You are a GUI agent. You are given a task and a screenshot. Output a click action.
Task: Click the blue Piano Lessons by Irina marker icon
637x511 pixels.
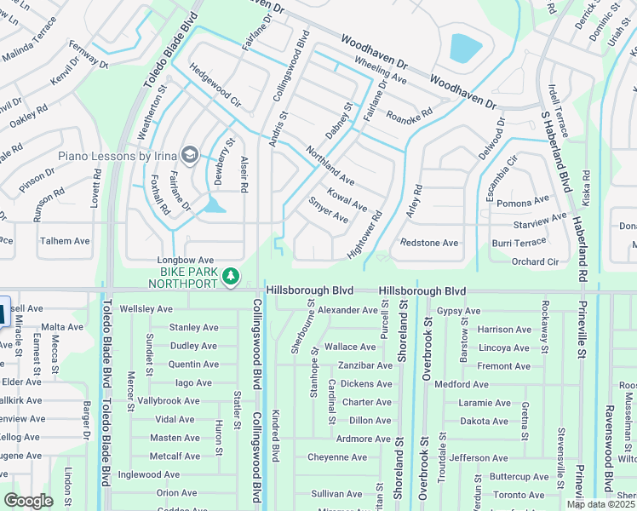tap(188, 155)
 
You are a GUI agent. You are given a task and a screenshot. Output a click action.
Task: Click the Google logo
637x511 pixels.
tap(28, 501)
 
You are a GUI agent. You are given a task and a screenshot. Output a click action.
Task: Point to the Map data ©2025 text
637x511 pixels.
tap(600, 504)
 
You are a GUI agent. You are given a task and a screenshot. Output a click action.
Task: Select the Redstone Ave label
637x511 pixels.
tap(429, 243)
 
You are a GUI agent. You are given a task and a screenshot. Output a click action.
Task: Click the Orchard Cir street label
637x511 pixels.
tap(535, 261)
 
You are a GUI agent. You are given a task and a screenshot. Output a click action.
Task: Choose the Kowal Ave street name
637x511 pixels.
tap(345, 200)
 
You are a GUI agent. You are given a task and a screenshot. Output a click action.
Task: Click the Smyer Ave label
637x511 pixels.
tap(329, 211)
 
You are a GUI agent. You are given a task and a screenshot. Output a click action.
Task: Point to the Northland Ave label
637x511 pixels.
tap(330, 164)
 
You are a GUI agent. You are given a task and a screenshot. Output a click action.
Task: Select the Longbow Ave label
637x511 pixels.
tap(185, 260)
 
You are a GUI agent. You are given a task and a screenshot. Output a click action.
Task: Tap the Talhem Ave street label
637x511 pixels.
tap(65, 241)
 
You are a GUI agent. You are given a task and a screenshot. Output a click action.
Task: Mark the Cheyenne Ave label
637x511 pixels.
tap(336, 457)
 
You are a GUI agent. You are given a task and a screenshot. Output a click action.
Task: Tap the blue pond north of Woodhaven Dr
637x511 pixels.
tap(466, 48)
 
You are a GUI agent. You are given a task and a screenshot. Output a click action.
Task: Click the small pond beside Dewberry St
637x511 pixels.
tap(215, 204)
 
